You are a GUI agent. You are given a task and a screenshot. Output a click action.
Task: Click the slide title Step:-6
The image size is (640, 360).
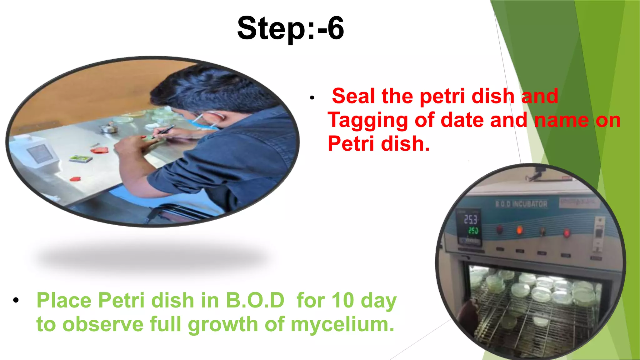[290, 28]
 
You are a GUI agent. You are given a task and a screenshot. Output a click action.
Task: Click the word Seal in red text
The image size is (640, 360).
[353, 96]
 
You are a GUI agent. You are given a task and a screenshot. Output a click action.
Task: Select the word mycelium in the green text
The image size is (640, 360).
[342, 324]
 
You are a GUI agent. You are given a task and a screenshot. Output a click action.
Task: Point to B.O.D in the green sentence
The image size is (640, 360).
[255, 300]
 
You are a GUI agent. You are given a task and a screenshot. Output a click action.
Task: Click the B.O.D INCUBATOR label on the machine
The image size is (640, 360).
[521, 204]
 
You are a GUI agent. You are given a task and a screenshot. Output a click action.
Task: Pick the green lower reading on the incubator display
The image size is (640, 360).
[473, 231]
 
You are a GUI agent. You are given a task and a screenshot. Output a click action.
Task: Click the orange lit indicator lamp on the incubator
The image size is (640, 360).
[519, 231]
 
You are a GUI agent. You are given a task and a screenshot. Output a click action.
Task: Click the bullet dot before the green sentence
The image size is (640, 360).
[16, 300]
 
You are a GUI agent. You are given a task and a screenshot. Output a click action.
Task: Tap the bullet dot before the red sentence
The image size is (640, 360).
[312, 98]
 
